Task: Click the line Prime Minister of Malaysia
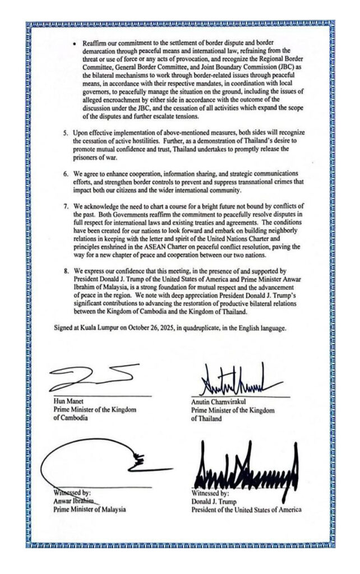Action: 89,510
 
